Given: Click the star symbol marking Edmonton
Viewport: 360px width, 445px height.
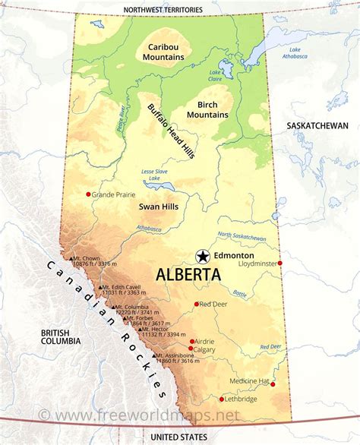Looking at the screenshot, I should [x=203, y=256].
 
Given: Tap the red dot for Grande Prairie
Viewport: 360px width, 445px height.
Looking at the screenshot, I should [x=89, y=194].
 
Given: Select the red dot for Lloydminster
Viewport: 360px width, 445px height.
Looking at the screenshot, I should [x=280, y=264].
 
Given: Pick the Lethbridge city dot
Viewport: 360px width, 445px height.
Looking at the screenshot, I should [x=222, y=399].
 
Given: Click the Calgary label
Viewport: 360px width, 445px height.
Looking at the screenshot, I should [x=204, y=349].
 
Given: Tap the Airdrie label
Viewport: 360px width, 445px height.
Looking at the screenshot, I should [x=204, y=341].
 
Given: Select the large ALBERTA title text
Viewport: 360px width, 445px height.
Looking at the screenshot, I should [x=189, y=275].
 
